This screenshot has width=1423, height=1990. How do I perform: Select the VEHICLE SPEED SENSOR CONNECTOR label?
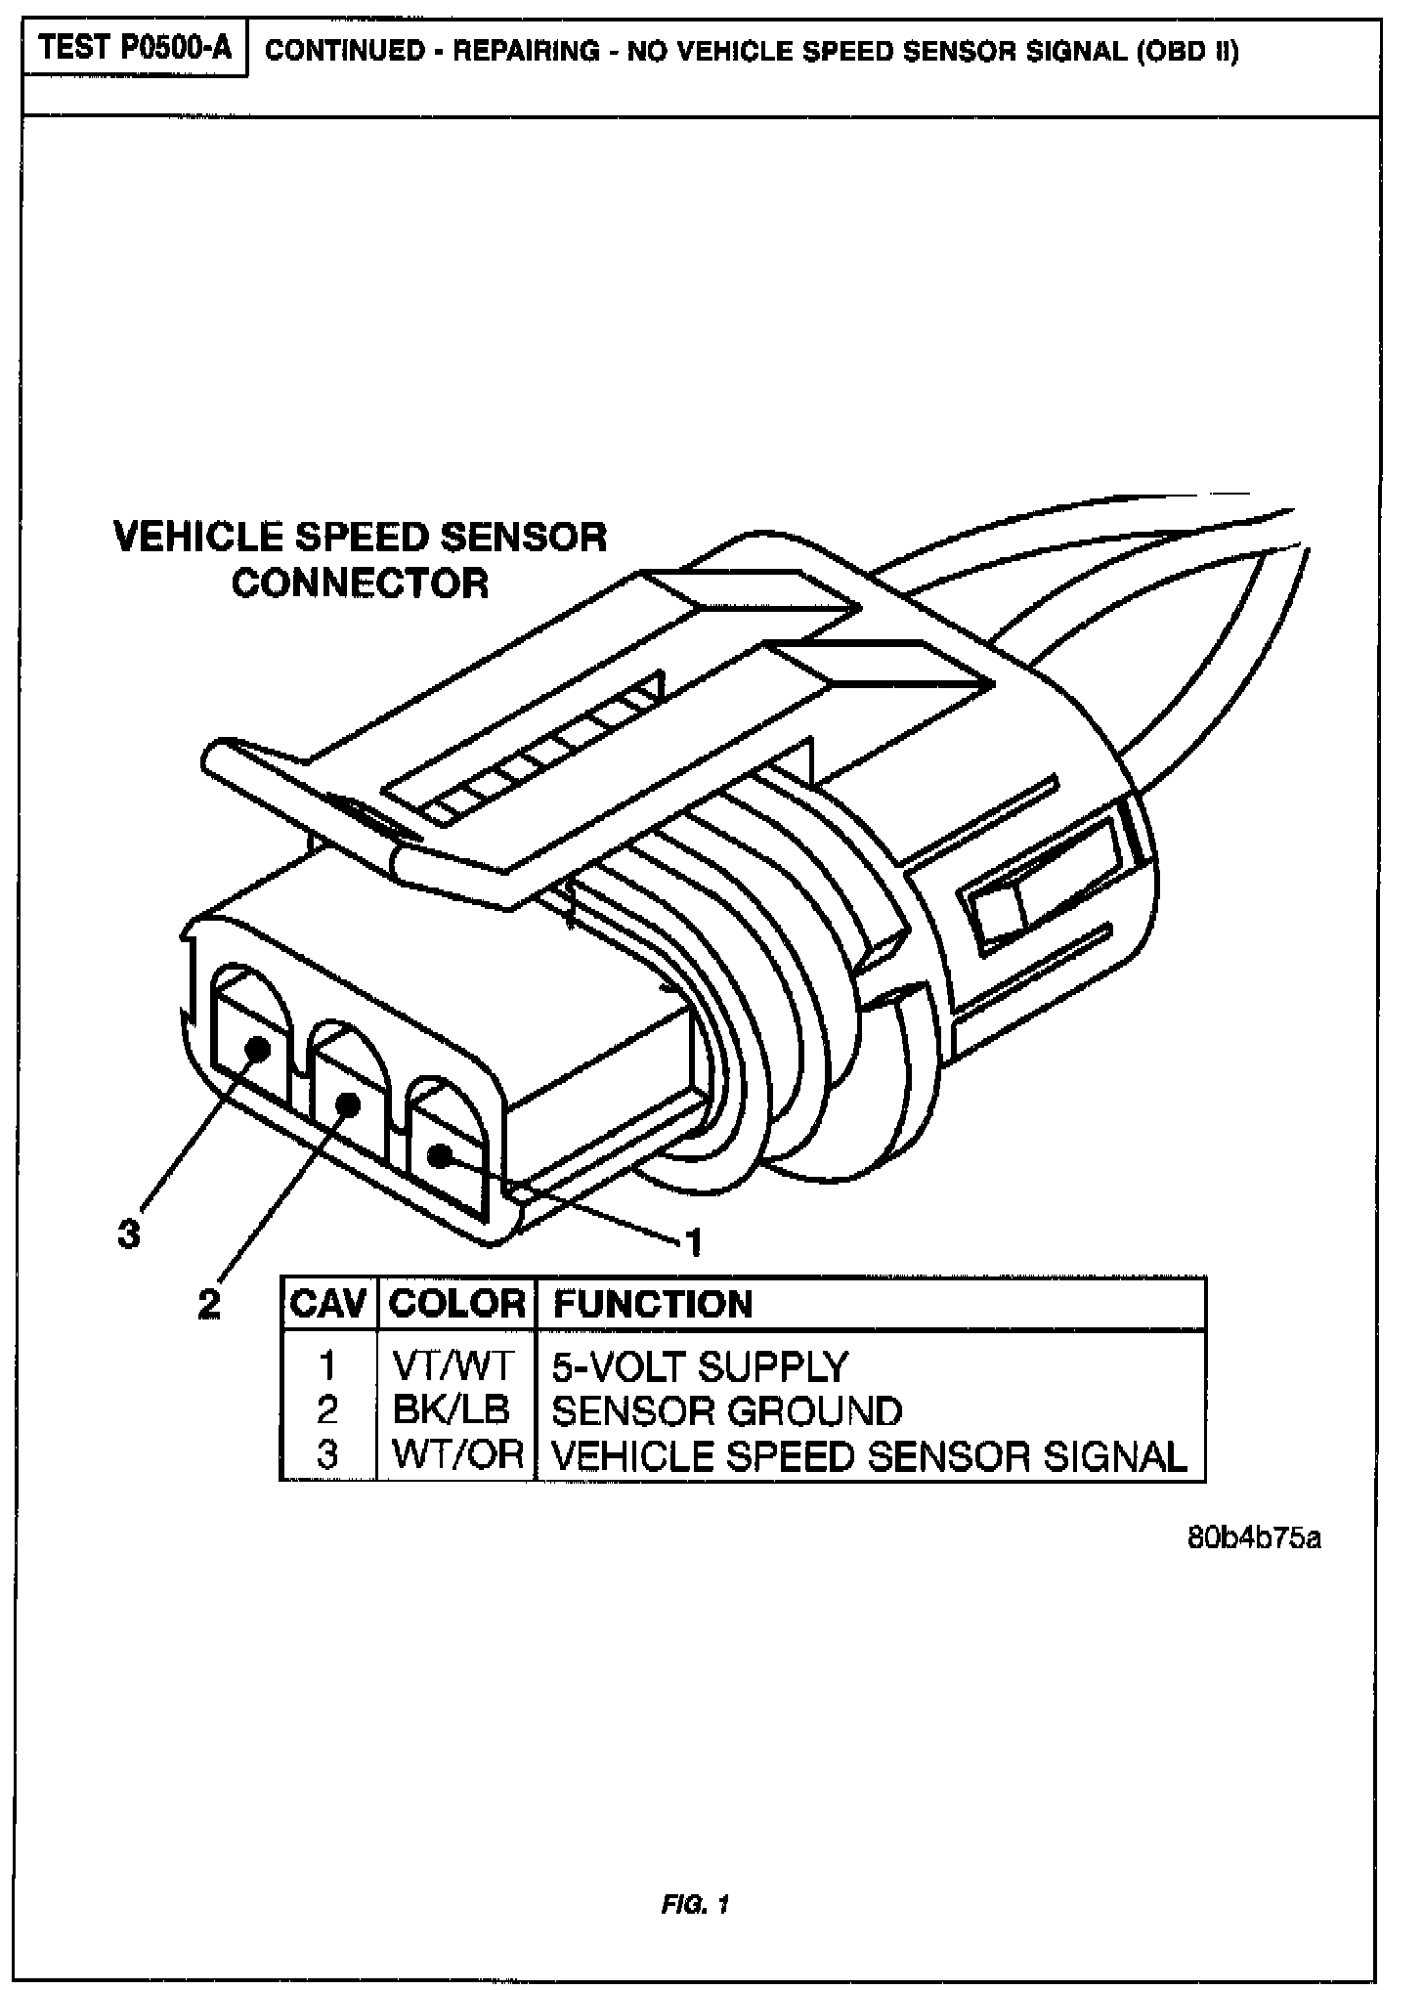[x=361, y=560]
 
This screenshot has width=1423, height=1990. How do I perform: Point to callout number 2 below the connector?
[x=209, y=1304]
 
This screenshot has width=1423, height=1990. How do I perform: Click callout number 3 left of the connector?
[x=129, y=1235]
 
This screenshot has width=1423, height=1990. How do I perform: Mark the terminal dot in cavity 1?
[x=439, y=1156]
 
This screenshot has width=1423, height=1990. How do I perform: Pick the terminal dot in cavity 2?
[x=347, y=1103]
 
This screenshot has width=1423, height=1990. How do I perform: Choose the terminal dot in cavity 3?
[x=257, y=1049]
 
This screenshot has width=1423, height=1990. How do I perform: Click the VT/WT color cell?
[x=453, y=1365]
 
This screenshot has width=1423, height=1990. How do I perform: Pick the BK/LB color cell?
[x=452, y=1409]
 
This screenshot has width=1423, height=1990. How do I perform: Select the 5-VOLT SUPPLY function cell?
[x=700, y=1366]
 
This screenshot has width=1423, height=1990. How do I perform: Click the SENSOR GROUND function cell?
[x=727, y=1410]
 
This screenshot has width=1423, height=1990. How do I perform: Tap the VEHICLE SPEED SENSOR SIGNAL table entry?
[x=869, y=1455]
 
